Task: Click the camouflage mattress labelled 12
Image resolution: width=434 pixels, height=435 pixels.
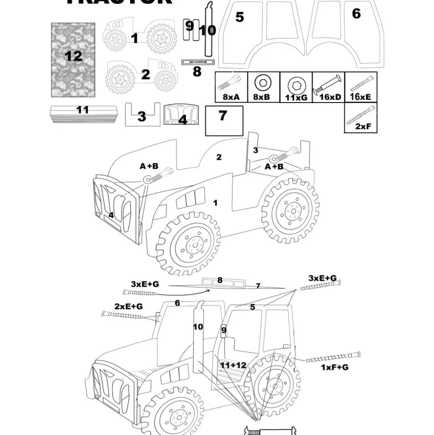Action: click(73, 60)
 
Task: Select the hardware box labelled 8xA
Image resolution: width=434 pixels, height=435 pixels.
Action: click(231, 87)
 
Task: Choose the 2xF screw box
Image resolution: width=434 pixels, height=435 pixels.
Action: click(361, 118)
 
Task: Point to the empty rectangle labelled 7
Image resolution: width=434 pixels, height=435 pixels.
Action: click(224, 121)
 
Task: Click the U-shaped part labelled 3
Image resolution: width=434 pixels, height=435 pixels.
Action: click(142, 116)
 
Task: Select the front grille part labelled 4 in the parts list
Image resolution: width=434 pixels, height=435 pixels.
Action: click(182, 115)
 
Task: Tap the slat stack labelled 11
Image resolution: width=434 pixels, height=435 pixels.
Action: click(83, 115)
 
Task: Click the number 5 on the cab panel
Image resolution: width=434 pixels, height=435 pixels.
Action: click(240, 17)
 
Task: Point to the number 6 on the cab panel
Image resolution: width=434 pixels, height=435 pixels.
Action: click(356, 13)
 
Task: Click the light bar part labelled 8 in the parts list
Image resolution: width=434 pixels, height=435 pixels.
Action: click(198, 61)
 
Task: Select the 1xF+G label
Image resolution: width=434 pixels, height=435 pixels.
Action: click(335, 367)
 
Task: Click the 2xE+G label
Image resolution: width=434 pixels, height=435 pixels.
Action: click(128, 306)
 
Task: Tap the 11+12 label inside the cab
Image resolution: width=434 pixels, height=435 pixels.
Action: click(233, 365)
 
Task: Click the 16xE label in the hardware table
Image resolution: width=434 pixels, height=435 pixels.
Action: click(361, 97)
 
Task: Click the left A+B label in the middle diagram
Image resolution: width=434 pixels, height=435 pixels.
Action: click(149, 166)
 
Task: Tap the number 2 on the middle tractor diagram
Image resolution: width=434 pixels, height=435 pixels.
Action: click(219, 157)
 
